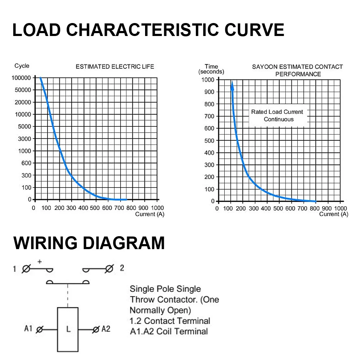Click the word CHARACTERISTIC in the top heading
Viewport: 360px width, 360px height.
click(x=142, y=30)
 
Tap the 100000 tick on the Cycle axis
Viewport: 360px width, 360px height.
click(x=21, y=78)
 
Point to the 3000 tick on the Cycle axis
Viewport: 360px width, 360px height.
click(x=24, y=139)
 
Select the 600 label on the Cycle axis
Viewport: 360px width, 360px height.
click(x=26, y=163)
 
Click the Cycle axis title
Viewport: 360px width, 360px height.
click(x=22, y=66)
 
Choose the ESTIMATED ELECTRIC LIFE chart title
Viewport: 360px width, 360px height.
click(x=115, y=67)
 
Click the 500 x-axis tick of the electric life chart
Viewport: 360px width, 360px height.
click(x=95, y=208)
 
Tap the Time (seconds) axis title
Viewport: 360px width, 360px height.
click(x=211, y=69)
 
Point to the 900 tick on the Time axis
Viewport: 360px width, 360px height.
click(x=209, y=92)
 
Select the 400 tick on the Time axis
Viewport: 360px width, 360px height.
click(x=209, y=153)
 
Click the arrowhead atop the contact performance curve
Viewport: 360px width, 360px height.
click(x=232, y=85)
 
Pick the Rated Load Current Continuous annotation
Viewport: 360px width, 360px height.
click(x=277, y=116)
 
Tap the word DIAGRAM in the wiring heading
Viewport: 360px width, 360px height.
click(x=123, y=243)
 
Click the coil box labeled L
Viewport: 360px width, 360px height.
click(x=68, y=329)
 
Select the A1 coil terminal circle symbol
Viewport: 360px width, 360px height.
click(x=40, y=330)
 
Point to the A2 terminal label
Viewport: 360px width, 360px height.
click(x=106, y=329)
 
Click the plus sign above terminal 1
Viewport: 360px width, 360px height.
click(x=40, y=261)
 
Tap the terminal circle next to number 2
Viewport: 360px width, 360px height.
click(x=109, y=269)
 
